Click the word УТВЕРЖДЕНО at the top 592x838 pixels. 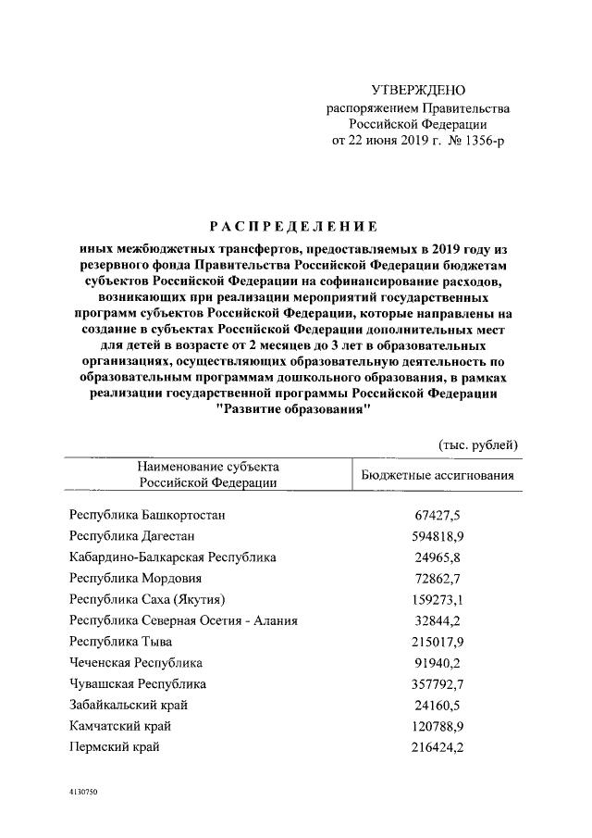(x=418, y=90)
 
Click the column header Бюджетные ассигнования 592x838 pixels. (x=437, y=476)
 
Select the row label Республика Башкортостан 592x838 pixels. (x=147, y=514)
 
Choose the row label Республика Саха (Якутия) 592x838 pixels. (x=148, y=599)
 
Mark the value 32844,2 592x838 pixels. (x=439, y=620)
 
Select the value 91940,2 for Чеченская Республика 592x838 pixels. (x=439, y=663)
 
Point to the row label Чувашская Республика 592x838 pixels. (x=138, y=684)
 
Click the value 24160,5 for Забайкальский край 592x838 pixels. (x=439, y=706)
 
